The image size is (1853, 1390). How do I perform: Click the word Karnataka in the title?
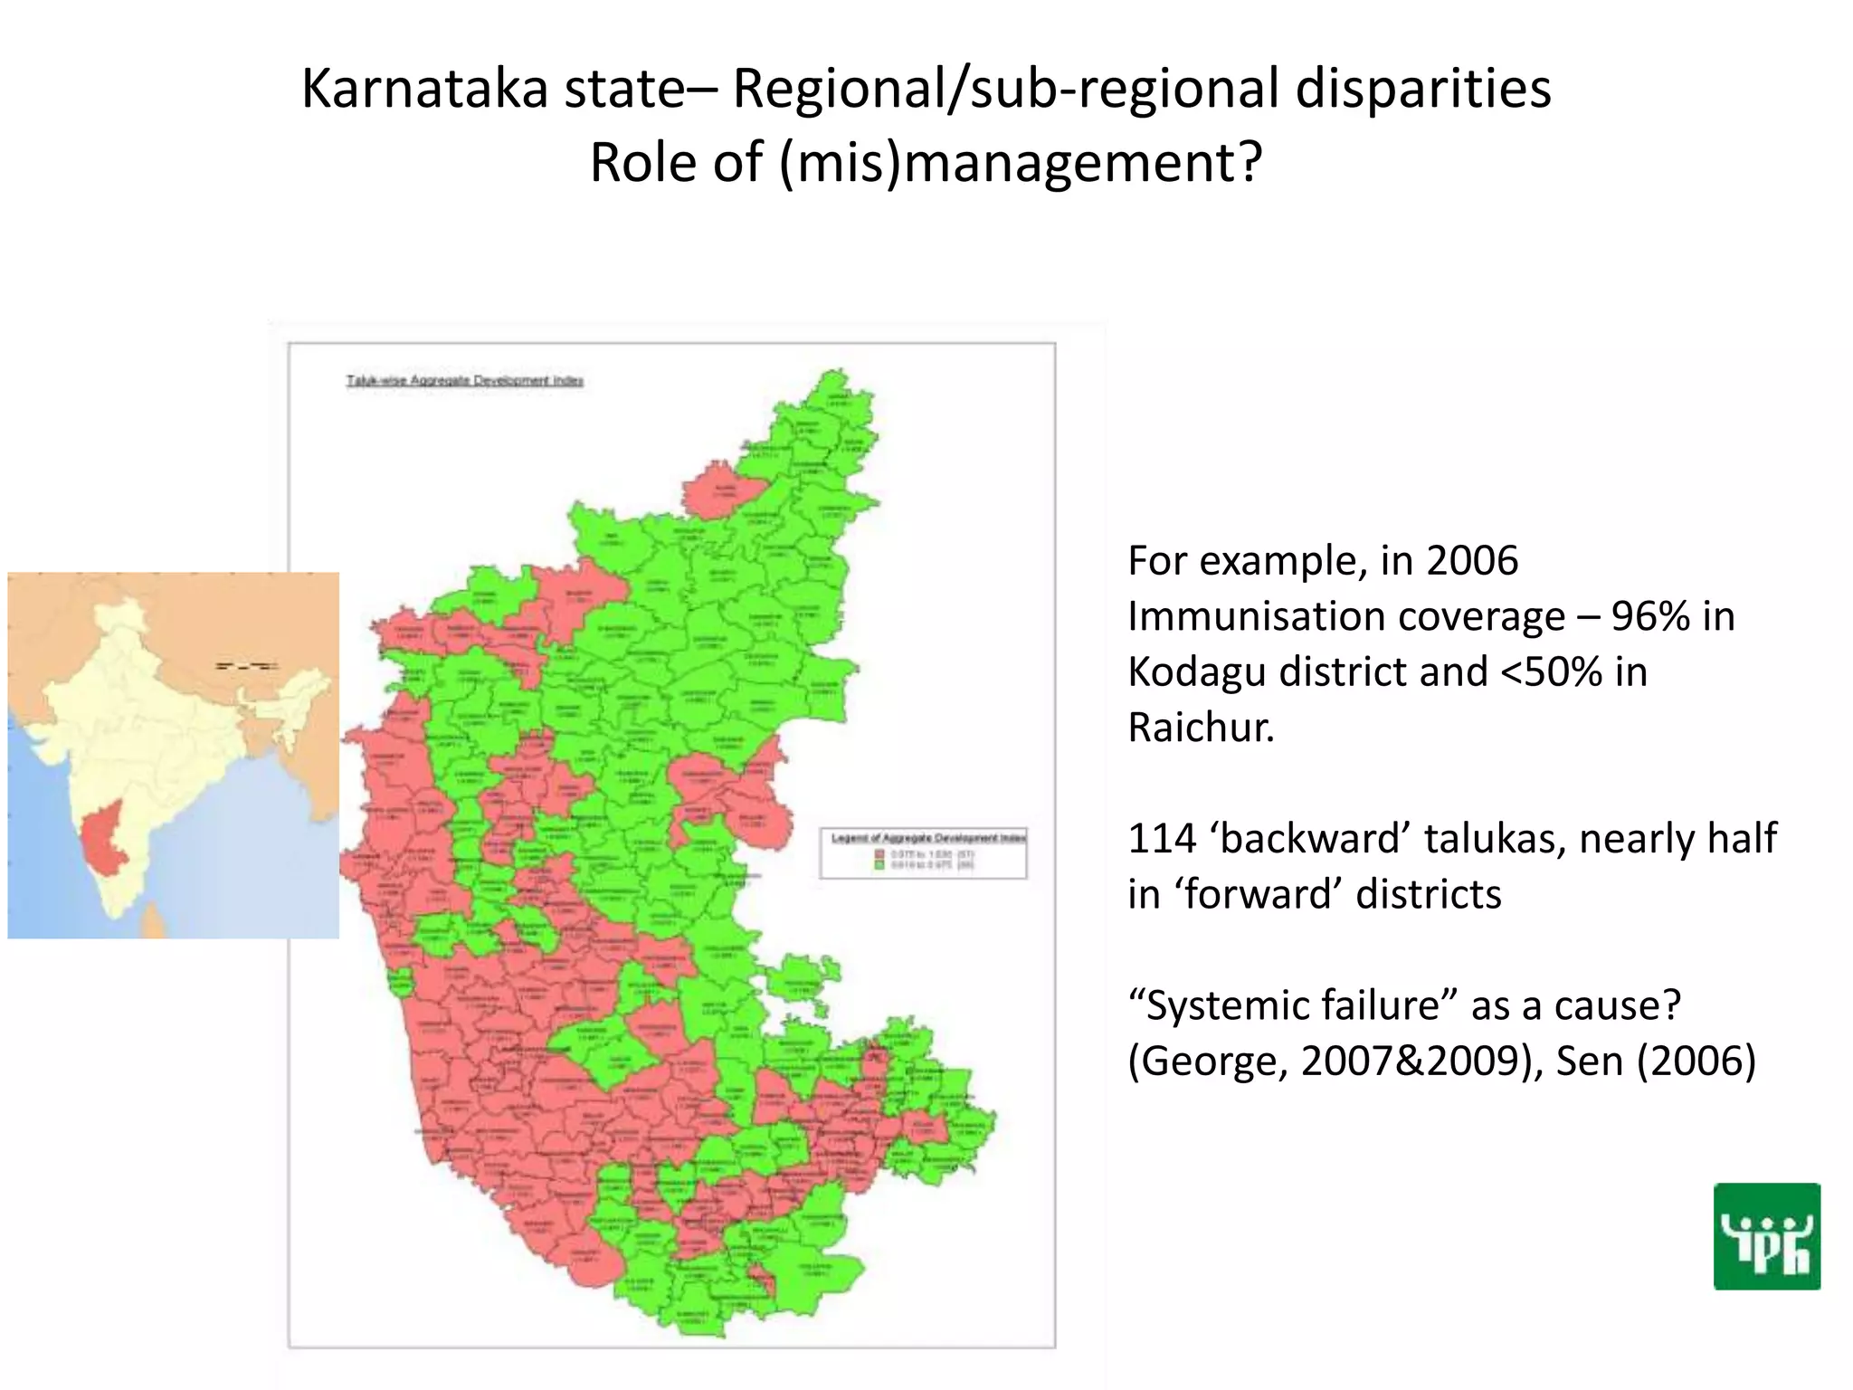[x=423, y=90]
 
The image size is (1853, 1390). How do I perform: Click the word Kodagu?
[x=1193, y=672]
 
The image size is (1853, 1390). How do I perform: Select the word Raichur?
[x=1200, y=728]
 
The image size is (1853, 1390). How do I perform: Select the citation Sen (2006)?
[x=1656, y=1062]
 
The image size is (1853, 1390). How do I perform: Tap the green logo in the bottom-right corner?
[x=1766, y=1236]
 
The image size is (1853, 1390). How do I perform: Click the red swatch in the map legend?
[x=879, y=853]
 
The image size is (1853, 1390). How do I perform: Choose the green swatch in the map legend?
[x=879, y=865]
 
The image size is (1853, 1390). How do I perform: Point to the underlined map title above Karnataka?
[x=464, y=381]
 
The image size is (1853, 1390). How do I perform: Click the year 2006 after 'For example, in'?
[x=1472, y=561]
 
